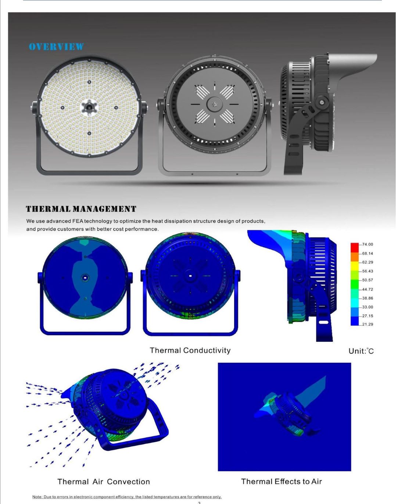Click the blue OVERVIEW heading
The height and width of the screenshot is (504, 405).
click(56, 47)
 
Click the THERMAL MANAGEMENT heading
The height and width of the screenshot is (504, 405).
click(81, 209)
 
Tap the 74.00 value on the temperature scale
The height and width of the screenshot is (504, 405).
click(368, 244)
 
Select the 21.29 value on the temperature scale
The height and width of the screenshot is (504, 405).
click(368, 324)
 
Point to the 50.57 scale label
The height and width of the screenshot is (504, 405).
click(368, 280)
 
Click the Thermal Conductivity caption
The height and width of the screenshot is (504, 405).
click(190, 350)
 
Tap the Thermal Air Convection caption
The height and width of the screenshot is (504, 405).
click(103, 480)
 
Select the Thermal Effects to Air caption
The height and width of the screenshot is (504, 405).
click(282, 479)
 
